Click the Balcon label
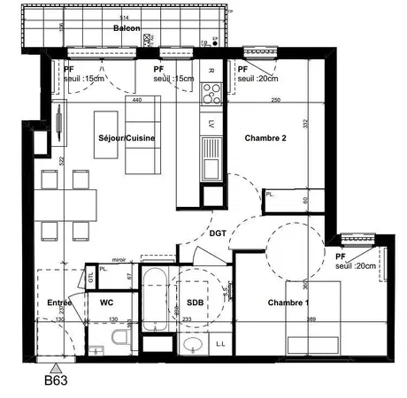(127, 28)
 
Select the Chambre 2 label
(265, 139)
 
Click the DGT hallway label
(219, 233)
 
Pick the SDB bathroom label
(194, 302)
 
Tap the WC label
(107, 302)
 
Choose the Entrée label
(59, 302)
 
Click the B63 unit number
(57, 383)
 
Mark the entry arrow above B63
(57, 366)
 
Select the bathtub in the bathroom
(155, 305)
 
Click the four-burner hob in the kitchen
(211, 89)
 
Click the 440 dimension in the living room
(137, 100)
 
